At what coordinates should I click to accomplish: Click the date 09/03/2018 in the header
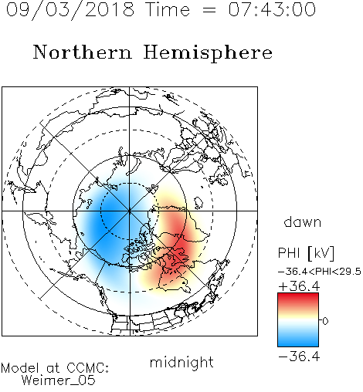(x=70, y=10)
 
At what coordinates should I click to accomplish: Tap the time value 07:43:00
(x=272, y=10)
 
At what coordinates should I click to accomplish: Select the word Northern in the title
(x=83, y=52)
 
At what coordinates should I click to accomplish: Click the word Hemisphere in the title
(x=208, y=52)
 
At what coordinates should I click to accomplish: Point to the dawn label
(x=303, y=221)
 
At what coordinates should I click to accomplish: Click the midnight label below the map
(x=181, y=363)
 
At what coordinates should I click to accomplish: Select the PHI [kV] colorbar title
(x=306, y=253)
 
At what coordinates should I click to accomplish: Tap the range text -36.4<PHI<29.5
(x=320, y=272)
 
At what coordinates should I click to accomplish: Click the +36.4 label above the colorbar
(x=299, y=286)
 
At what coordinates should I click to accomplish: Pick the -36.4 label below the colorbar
(x=299, y=357)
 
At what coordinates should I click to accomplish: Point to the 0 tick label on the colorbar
(x=325, y=321)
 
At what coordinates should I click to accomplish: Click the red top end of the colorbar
(x=298, y=296)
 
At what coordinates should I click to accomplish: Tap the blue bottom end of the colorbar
(x=298, y=344)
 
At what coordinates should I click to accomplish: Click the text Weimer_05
(x=58, y=380)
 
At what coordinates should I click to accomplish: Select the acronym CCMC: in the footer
(x=88, y=368)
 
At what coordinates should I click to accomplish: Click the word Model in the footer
(x=20, y=368)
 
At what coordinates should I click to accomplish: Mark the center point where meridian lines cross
(x=130, y=211)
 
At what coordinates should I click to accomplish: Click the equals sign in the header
(x=209, y=10)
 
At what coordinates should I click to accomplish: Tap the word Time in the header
(x=168, y=10)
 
